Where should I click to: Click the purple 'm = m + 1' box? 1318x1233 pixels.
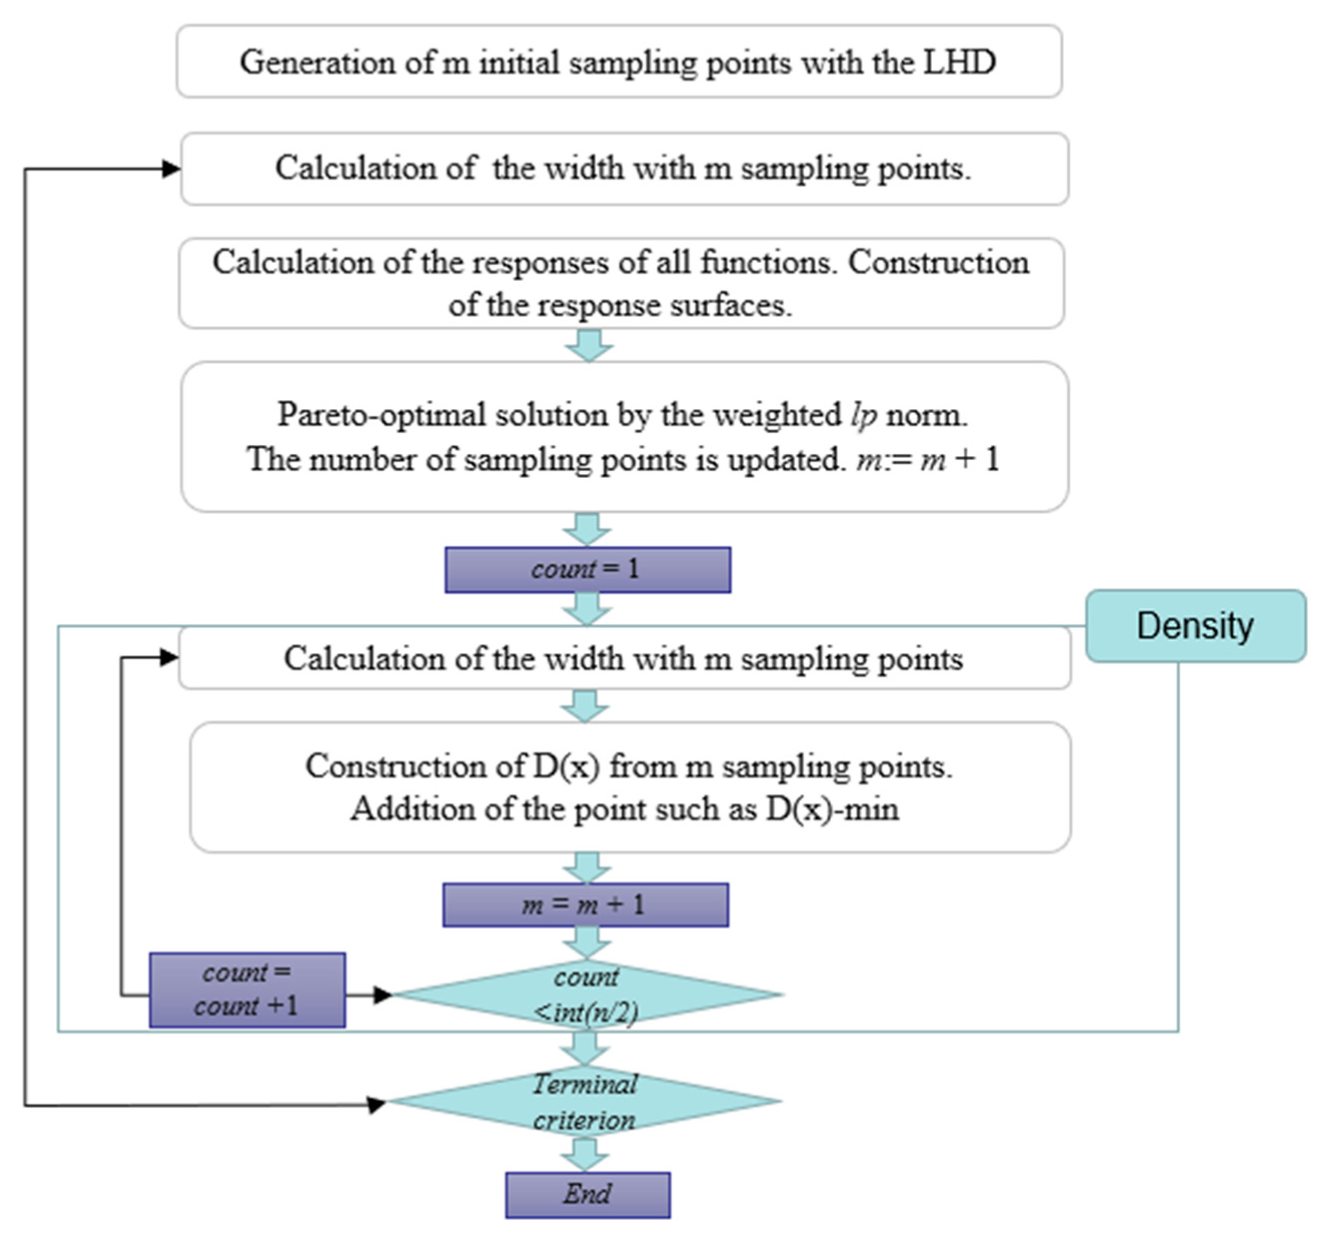click(x=585, y=905)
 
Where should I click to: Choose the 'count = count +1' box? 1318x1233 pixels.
click(x=247, y=990)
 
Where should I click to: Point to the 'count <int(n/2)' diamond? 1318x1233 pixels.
click(x=586, y=994)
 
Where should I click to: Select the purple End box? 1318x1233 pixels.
click(x=587, y=1194)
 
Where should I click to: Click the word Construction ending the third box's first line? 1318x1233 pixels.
click(x=938, y=263)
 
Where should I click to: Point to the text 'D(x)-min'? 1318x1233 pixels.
click(x=832, y=809)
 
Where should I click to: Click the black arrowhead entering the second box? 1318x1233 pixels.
click(x=171, y=169)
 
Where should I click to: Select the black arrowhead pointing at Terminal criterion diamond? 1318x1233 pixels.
click(x=377, y=1104)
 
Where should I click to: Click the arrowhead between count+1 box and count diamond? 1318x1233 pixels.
click(x=382, y=995)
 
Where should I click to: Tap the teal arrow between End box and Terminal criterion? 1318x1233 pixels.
click(x=585, y=1155)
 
